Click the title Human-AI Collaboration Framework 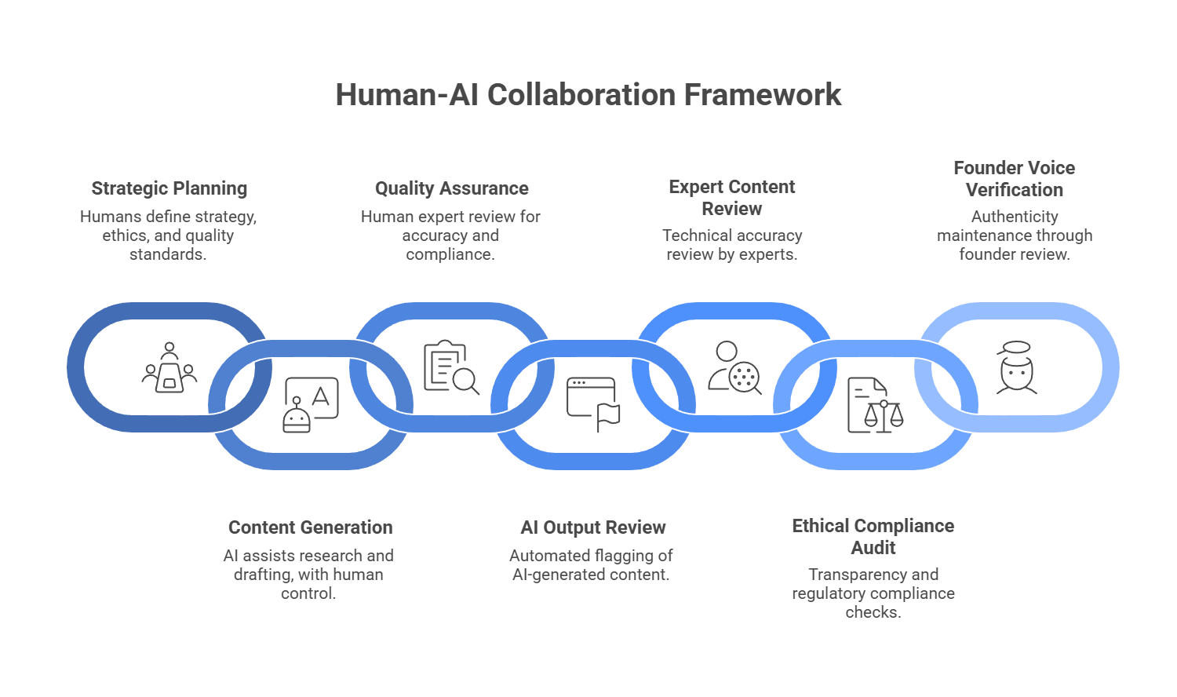pyautogui.click(x=588, y=95)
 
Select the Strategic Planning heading pyautogui.click(x=169, y=188)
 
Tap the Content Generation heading pyautogui.click(x=310, y=527)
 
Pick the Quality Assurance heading pyautogui.click(x=451, y=188)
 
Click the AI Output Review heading pyautogui.click(x=592, y=527)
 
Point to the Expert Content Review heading pyautogui.click(x=732, y=198)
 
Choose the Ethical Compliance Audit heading pyautogui.click(x=873, y=537)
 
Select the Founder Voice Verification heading pyautogui.click(x=1014, y=179)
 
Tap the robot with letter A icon pyautogui.click(x=311, y=405)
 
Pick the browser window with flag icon pyautogui.click(x=593, y=404)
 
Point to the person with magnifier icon pyautogui.click(x=734, y=367)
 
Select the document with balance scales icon pyautogui.click(x=874, y=405)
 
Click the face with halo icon pyautogui.click(x=1016, y=367)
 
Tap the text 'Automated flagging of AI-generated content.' pyautogui.click(x=591, y=565)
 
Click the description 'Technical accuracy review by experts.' pyautogui.click(x=732, y=245)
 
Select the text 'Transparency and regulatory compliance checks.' pyautogui.click(x=873, y=593)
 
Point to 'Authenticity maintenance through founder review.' pyautogui.click(x=1014, y=235)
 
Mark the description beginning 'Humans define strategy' pyautogui.click(x=169, y=235)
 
